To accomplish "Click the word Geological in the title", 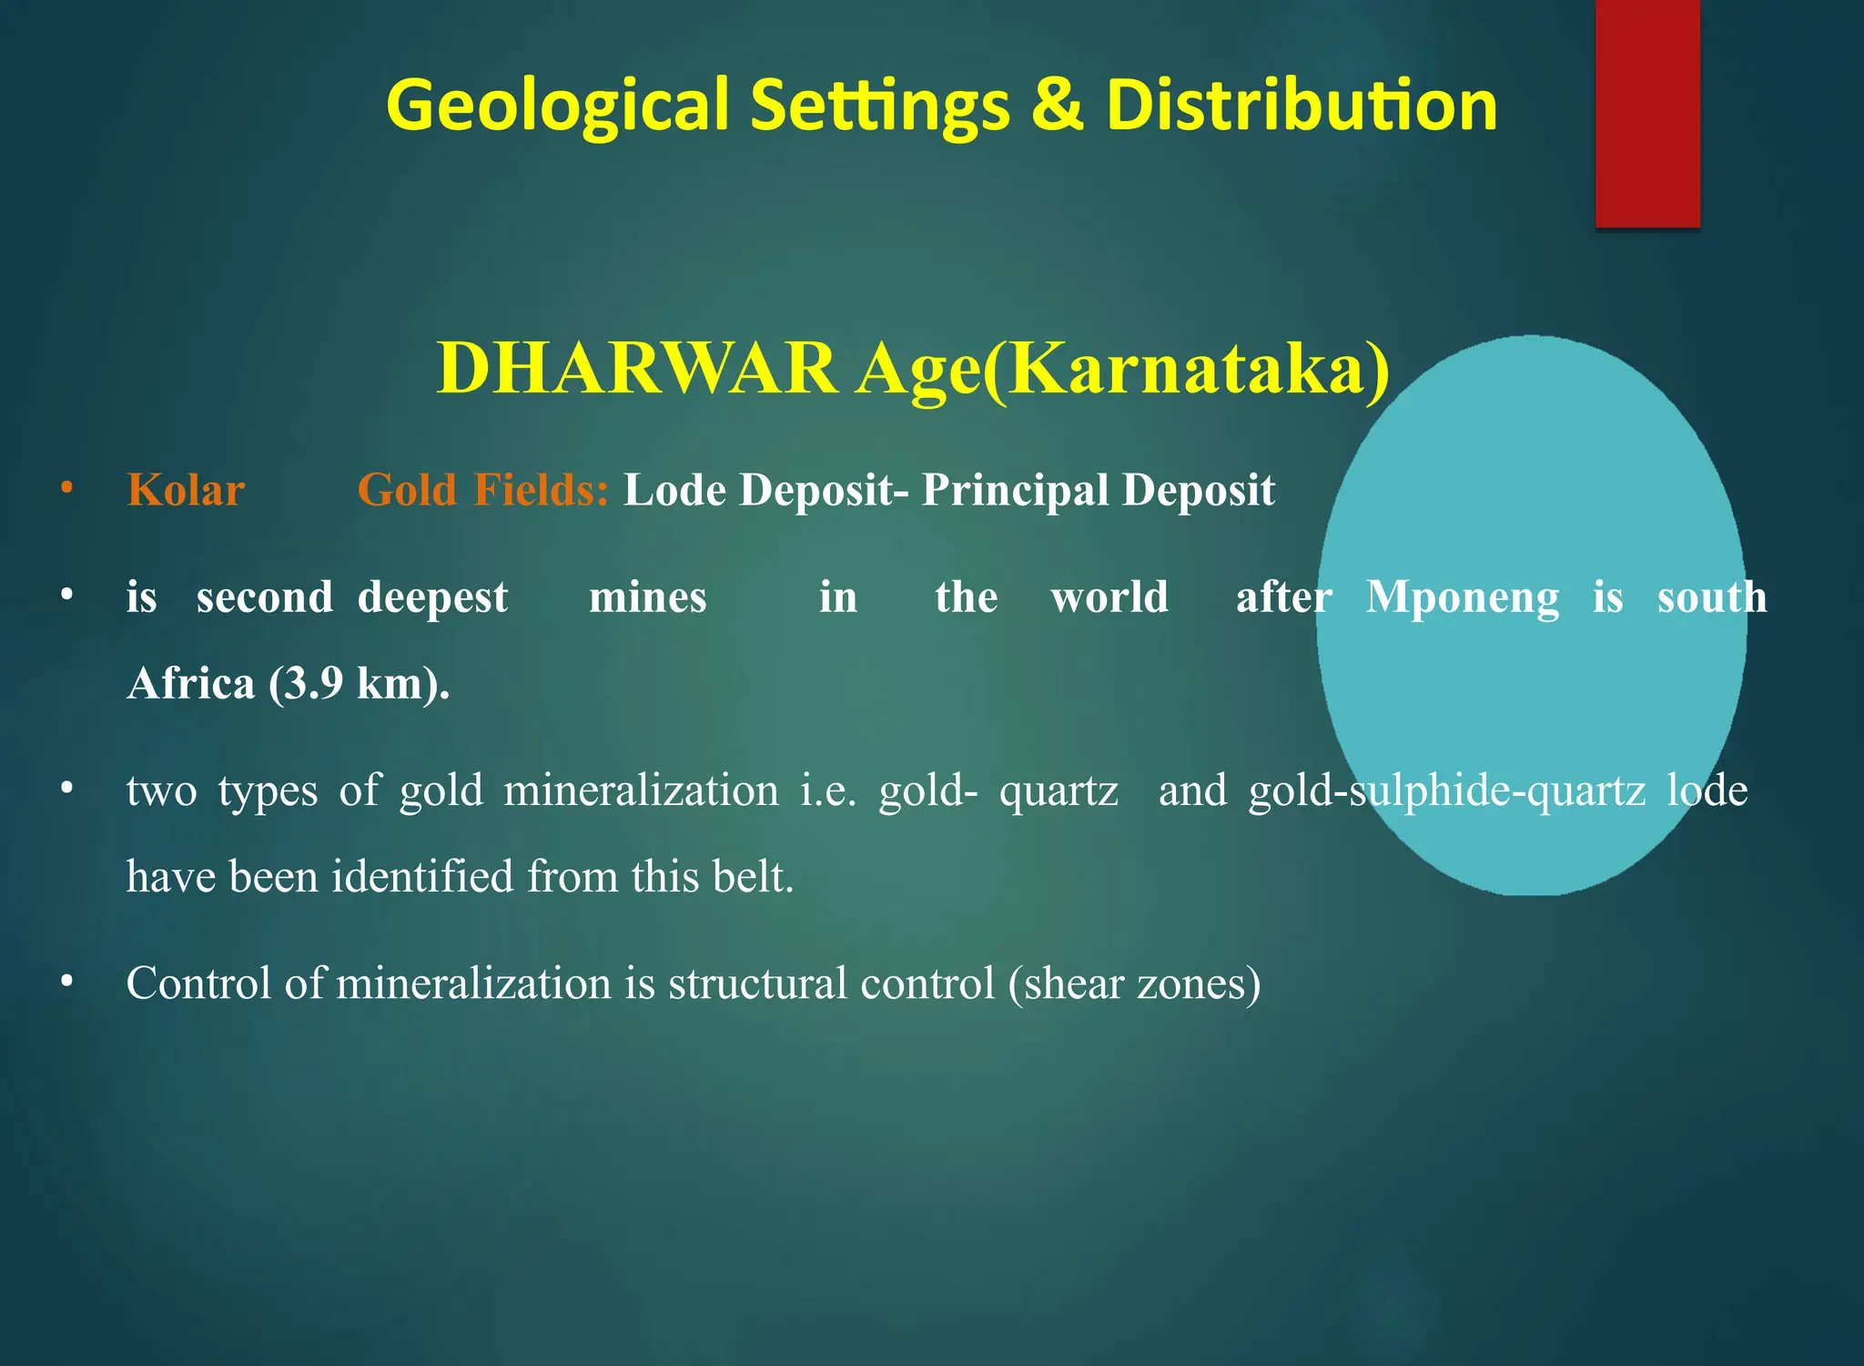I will pyautogui.click(x=557, y=106).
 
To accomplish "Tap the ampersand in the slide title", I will pyautogui.click(x=1057, y=104).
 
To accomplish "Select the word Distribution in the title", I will pyautogui.click(x=1302, y=106).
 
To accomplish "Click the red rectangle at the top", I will pyautogui.click(x=1647, y=114).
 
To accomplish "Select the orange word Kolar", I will pyautogui.click(x=186, y=491).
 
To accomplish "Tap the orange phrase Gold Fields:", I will pyautogui.click(x=482, y=491).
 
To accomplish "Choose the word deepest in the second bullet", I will pyautogui.click(x=432, y=598).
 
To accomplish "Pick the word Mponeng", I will pyautogui.click(x=1463, y=598).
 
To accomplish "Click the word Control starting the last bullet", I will pyautogui.click(x=198, y=984).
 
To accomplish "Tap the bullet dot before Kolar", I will pyautogui.click(x=66, y=489).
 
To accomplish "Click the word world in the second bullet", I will pyautogui.click(x=1109, y=598).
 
